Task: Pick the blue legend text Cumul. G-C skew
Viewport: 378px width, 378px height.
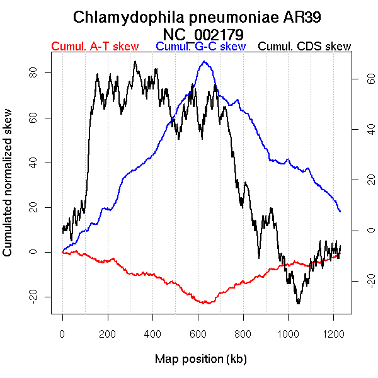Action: point(200,47)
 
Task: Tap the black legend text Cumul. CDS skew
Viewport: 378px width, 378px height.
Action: point(305,47)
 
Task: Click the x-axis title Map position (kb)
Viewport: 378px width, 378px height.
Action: point(200,359)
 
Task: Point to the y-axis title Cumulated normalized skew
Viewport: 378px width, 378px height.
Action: point(8,189)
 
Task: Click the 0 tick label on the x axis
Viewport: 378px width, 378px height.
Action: point(62,334)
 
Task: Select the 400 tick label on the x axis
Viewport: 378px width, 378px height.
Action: point(152,334)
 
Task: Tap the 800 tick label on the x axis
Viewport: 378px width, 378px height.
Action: point(243,334)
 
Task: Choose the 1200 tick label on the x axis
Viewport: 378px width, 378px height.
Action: point(333,334)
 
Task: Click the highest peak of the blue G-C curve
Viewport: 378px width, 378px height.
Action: point(204,62)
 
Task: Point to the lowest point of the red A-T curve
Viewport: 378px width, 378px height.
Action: point(205,304)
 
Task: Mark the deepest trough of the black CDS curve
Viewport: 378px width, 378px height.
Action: point(298,304)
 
